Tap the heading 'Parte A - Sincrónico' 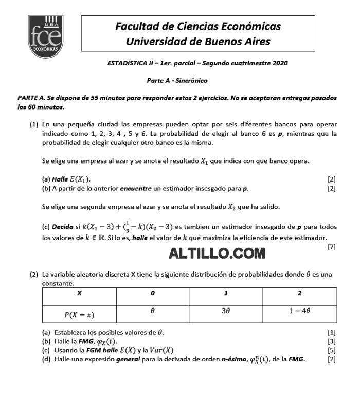click(177, 80)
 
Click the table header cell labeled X click(79, 293)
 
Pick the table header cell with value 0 click(153, 293)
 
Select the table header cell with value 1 click(226, 293)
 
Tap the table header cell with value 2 click(300, 293)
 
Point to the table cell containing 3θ click(226, 311)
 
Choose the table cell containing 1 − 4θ click(300, 311)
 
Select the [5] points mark click(332, 350)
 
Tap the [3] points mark click(332, 341)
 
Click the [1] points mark click(332, 332)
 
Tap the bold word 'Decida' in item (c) click(61, 227)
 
